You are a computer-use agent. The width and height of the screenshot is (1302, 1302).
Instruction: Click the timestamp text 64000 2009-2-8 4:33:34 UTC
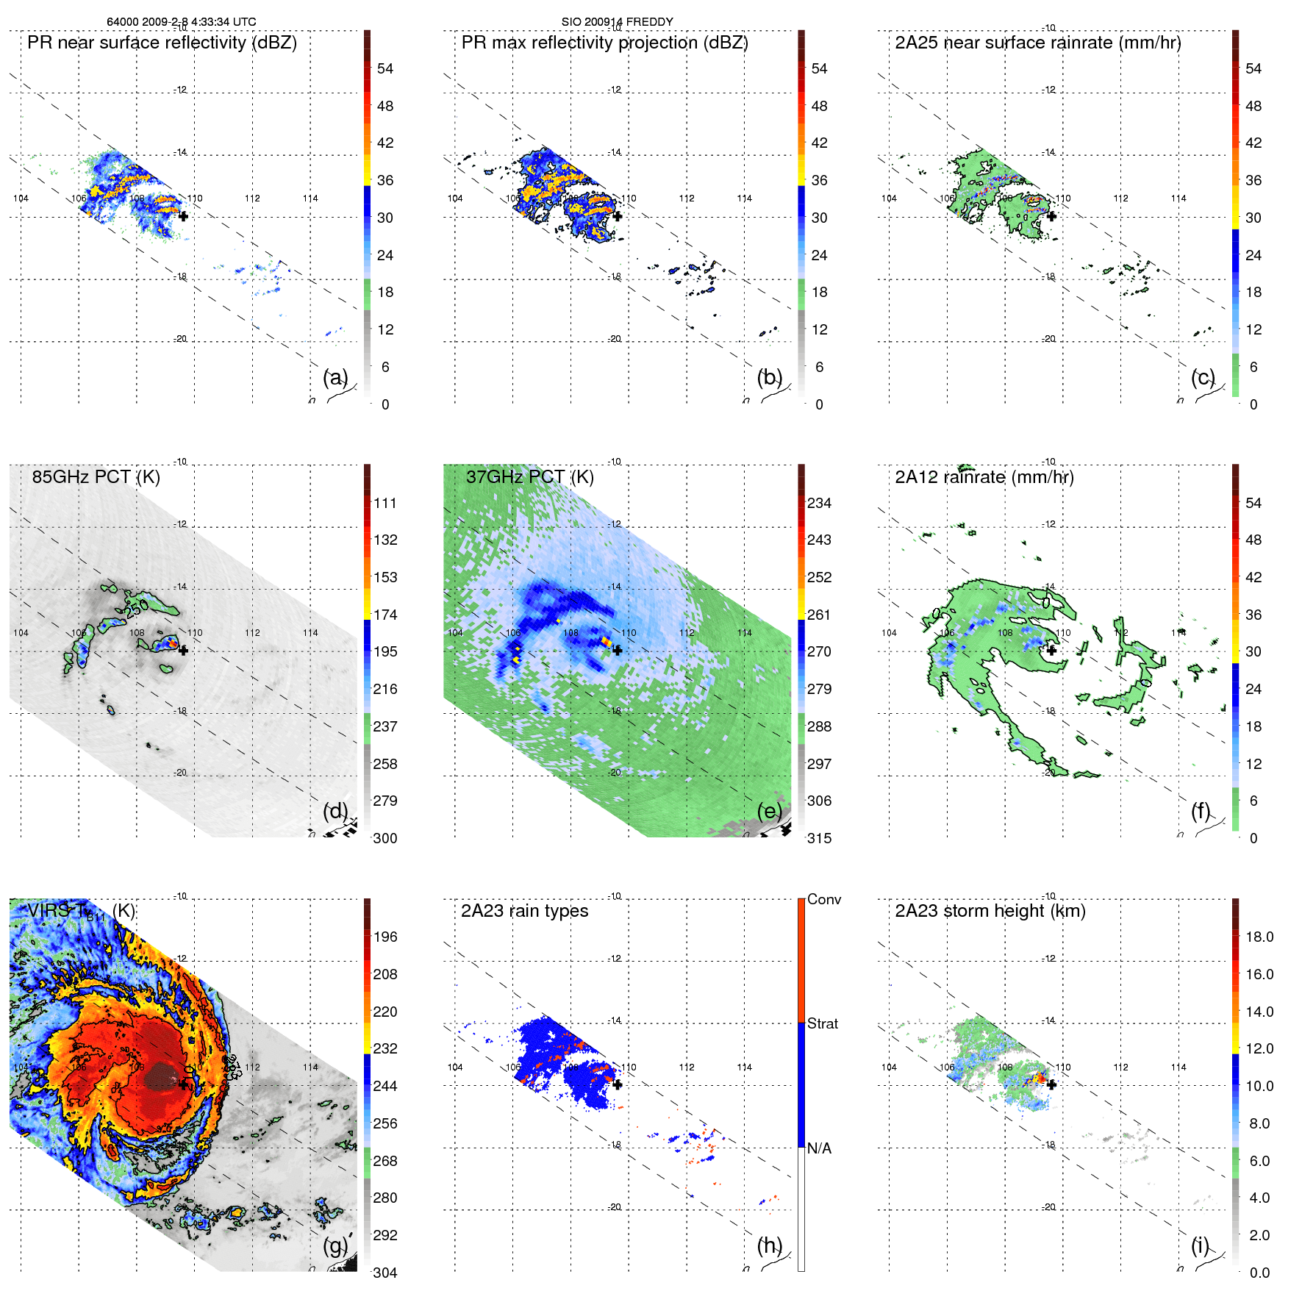(x=181, y=22)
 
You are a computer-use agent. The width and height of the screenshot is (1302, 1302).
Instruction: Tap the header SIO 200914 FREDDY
(x=617, y=22)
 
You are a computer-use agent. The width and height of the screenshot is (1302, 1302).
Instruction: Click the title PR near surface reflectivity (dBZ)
(x=162, y=43)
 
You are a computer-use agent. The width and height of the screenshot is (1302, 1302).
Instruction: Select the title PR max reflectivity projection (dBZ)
(x=604, y=43)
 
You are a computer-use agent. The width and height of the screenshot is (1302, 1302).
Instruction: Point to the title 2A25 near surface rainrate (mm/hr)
(x=1037, y=43)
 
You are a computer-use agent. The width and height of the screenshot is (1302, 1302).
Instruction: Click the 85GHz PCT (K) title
(x=96, y=477)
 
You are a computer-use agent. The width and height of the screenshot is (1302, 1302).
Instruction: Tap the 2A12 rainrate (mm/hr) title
(x=984, y=477)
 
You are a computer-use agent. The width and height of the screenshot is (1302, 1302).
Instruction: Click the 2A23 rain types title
(x=524, y=911)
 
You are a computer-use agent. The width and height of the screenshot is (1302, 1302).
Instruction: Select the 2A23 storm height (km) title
(x=990, y=911)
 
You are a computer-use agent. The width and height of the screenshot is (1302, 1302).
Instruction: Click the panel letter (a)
(x=335, y=378)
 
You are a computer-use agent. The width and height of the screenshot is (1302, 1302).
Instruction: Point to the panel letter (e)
(x=770, y=812)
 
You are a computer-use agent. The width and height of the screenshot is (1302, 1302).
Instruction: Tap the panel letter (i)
(x=1200, y=1245)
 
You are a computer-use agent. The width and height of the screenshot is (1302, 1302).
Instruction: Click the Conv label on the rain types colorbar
(x=824, y=900)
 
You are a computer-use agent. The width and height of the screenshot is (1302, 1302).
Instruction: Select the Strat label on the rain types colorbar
(x=823, y=1024)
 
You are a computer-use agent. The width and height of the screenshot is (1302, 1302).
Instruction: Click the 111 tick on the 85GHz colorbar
(x=385, y=504)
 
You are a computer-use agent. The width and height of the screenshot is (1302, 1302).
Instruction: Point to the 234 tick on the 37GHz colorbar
(x=819, y=504)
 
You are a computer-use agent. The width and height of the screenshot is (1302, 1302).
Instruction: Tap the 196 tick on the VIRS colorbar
(x=385, y=937)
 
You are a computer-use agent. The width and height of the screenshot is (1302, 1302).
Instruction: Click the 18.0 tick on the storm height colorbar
(x=1259, y=937)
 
